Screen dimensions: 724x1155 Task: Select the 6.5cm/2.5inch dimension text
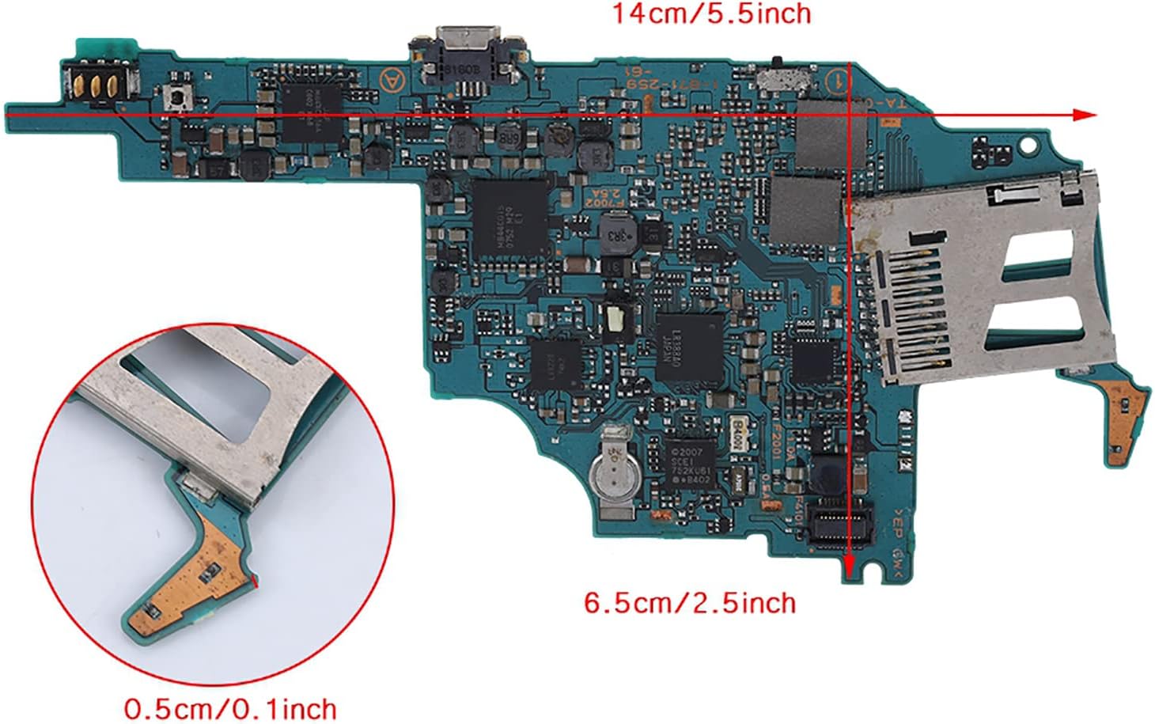(x=690, y=603)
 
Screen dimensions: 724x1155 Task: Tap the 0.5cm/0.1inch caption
(x=230, y=707)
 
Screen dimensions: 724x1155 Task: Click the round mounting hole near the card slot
(x=1028, y=146)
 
